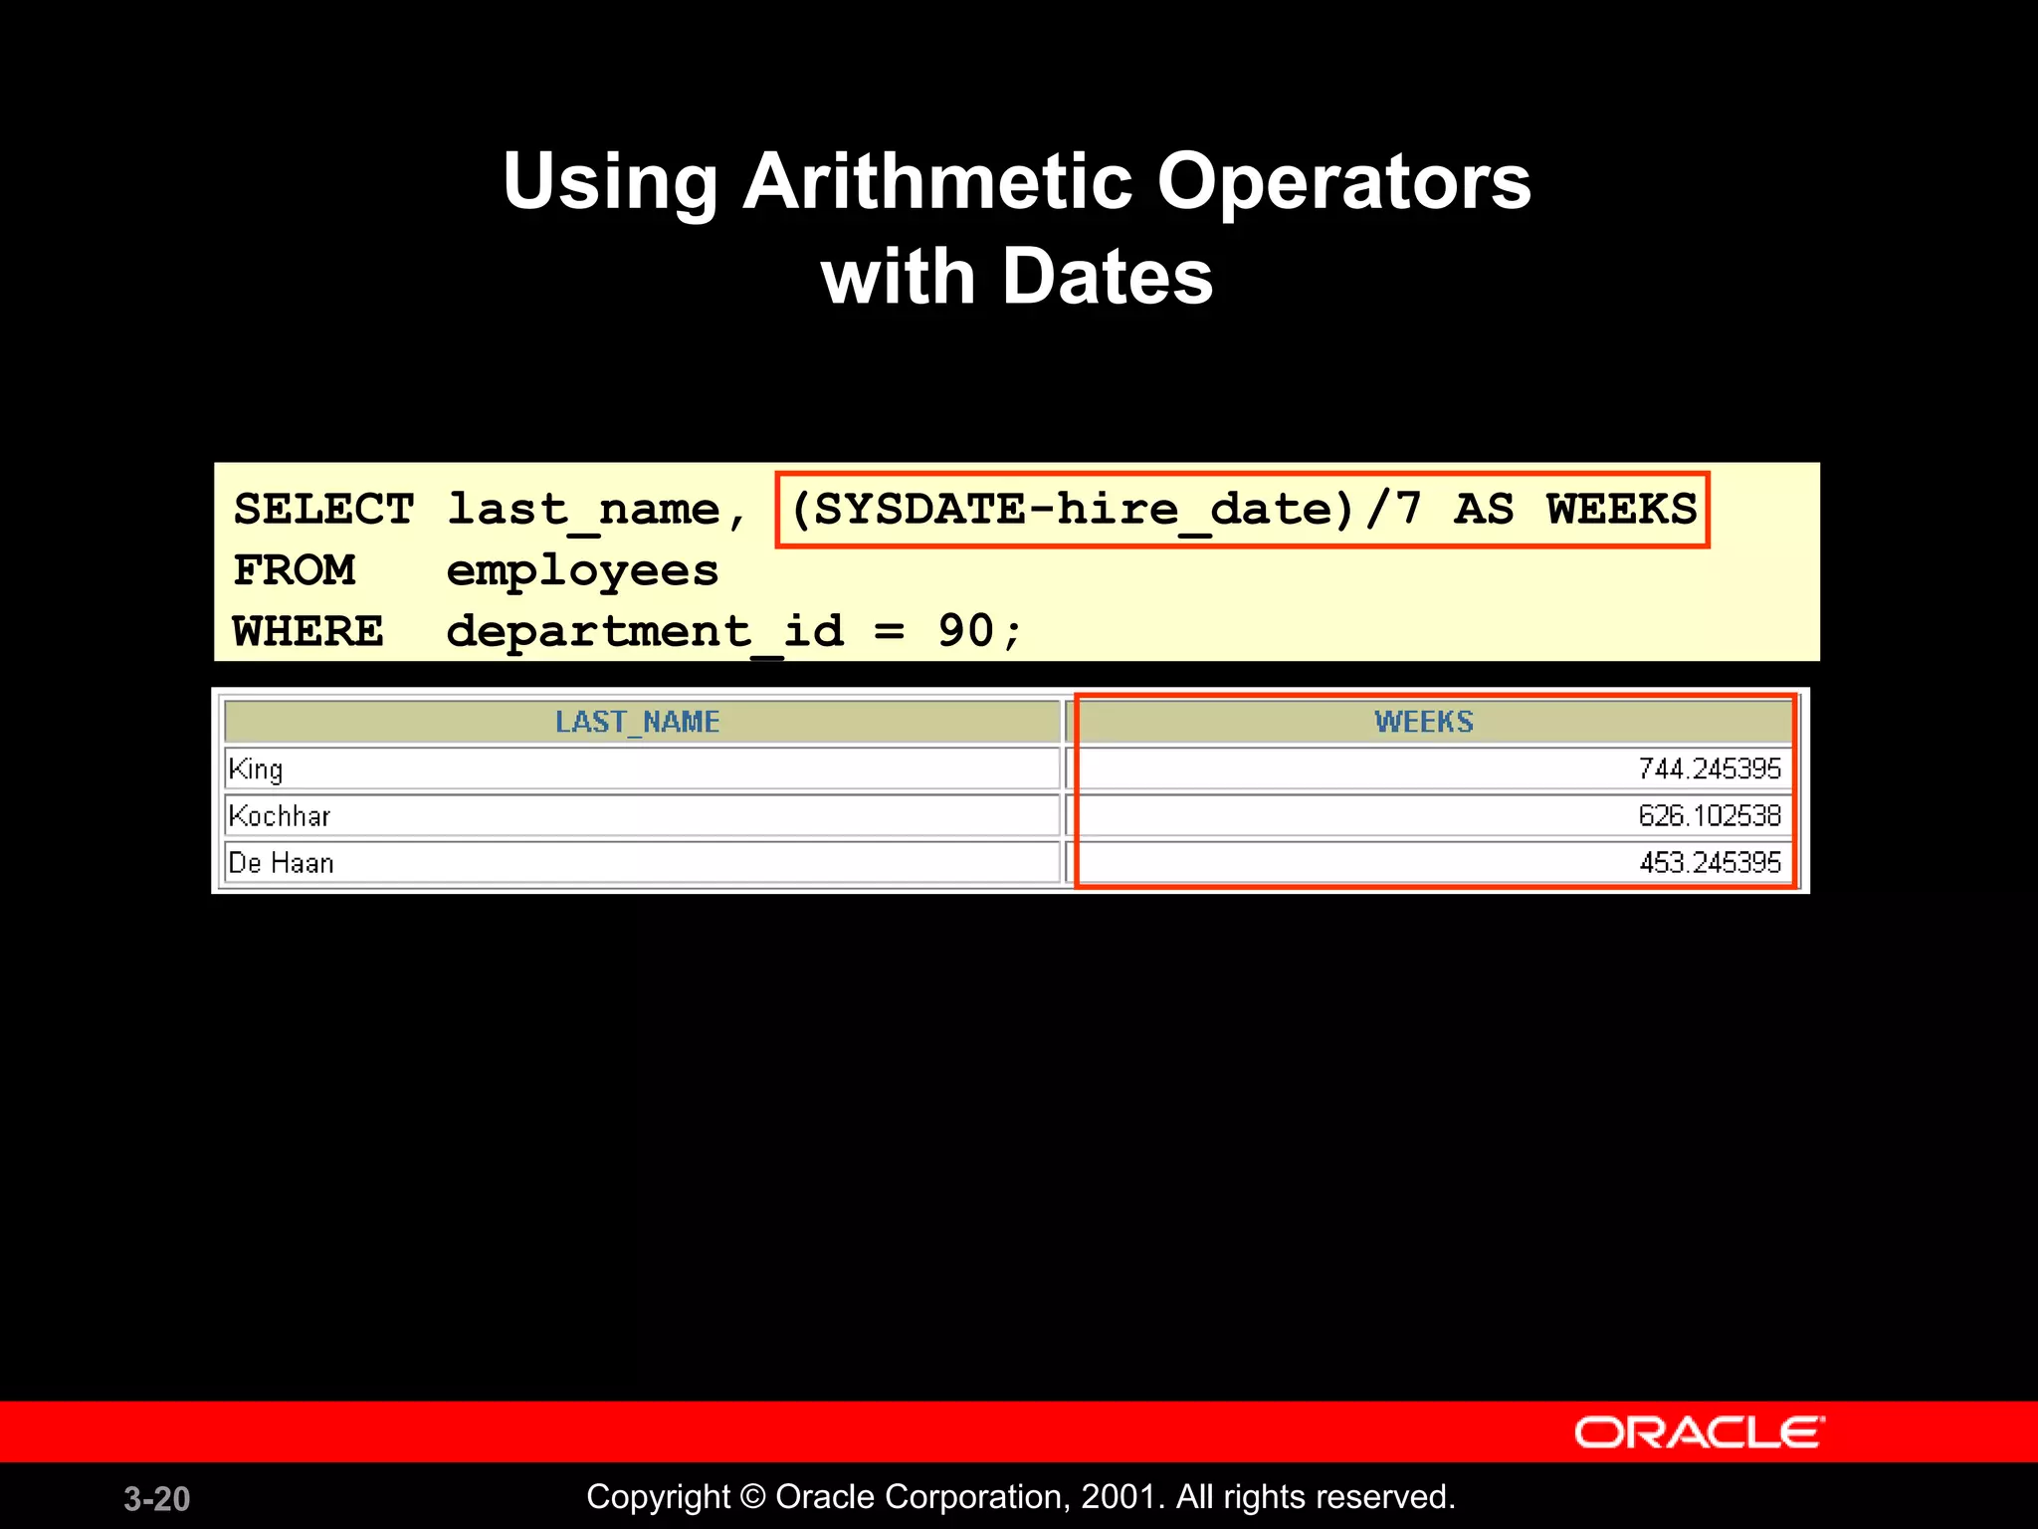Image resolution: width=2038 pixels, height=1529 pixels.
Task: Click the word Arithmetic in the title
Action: tap(937, 182)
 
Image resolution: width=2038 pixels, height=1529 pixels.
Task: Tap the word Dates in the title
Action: tap(1108, 277)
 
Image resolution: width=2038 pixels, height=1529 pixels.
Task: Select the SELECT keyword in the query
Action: tap(323, 510)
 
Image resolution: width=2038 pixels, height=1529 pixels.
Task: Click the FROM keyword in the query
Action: tap(294, 571)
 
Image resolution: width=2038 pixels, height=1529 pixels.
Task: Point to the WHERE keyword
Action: tap(307, 632)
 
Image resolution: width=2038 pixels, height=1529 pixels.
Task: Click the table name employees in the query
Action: tap(582, 571)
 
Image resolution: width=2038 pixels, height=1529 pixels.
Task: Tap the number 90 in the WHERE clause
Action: tap(965, 631)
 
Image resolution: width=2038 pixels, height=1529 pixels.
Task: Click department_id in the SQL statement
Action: tap(645, 632)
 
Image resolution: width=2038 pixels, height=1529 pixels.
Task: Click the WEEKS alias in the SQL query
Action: tap(1621, 510)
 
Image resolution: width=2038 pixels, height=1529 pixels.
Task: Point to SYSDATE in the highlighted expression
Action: tap(919, 510)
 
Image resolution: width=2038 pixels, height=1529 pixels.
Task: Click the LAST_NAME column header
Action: tap(637, 722)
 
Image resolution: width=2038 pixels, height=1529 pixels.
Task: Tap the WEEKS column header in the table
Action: tap(1424, 722)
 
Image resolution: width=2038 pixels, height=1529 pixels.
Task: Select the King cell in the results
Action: tap(256, 769)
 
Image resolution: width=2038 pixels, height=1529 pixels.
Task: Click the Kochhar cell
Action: tap(280, 816)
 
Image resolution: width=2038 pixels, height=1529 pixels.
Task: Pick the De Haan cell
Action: tap(281, 863)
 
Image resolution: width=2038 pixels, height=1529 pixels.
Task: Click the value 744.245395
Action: tap(1709, 769)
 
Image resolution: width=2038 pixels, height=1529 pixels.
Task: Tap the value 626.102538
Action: tap(1709, 816)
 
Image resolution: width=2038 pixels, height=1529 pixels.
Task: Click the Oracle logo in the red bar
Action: tap(1699, 1433)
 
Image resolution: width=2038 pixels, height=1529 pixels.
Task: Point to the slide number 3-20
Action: tap(156, 1499)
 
